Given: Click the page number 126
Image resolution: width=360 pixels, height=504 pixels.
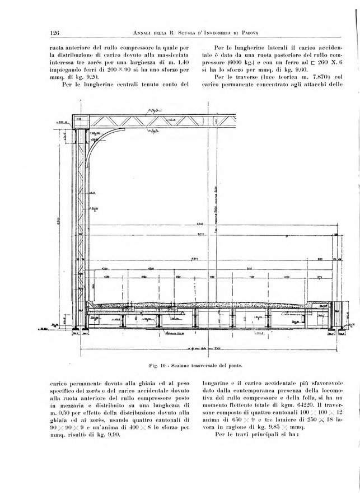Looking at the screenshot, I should (54, 32).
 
